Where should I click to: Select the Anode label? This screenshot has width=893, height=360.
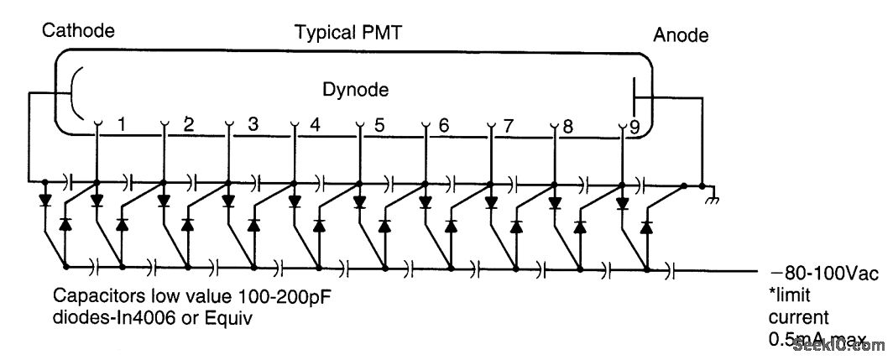[681, 35]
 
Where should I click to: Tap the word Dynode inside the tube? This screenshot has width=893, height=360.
[356, 87]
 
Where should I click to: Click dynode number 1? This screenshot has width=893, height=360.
[122, 126]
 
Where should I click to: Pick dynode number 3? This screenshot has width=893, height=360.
[252, 126]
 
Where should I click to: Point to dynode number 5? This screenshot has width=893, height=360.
[379, 127]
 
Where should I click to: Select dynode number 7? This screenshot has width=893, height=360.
[507, 127]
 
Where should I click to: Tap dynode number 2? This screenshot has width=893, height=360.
[188, 126]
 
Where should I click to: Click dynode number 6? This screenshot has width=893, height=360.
[443, 127]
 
